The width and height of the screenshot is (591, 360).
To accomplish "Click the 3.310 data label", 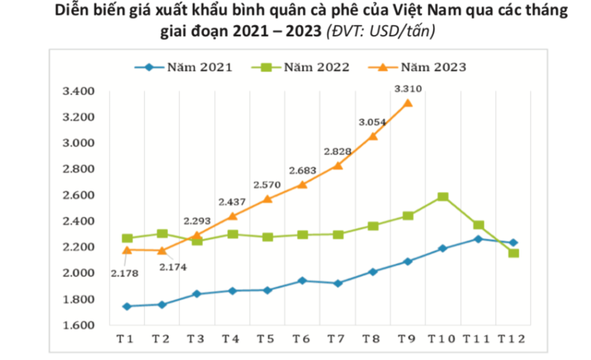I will (x=407, y=89).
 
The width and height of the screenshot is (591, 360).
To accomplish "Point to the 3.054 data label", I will (x=372, y=122).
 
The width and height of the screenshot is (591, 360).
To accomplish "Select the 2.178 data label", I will (x=125, y=273).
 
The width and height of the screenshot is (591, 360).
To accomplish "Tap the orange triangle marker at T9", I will (x=408, y=102).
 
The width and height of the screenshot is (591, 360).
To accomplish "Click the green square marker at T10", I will (x=443, y=196).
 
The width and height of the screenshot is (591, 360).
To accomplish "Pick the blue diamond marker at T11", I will (x=478, y=239).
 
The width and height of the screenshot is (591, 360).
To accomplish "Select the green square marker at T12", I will (x=514, y=253).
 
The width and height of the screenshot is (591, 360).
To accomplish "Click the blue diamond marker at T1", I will (x=127, y=306).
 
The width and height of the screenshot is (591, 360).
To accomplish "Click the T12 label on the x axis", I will (x=513, y=338).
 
